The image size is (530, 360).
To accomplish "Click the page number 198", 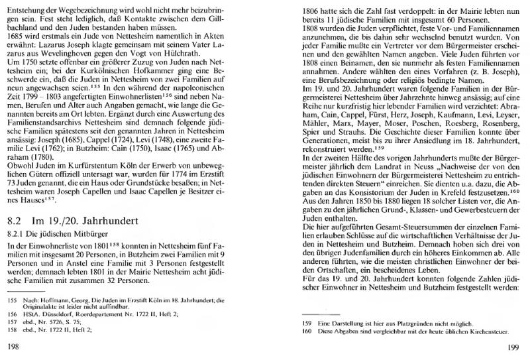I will (13, 345).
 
